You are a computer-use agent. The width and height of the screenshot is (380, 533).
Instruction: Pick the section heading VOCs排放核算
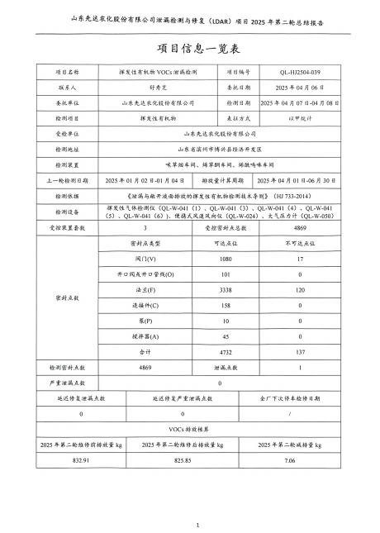click(190, 429)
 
